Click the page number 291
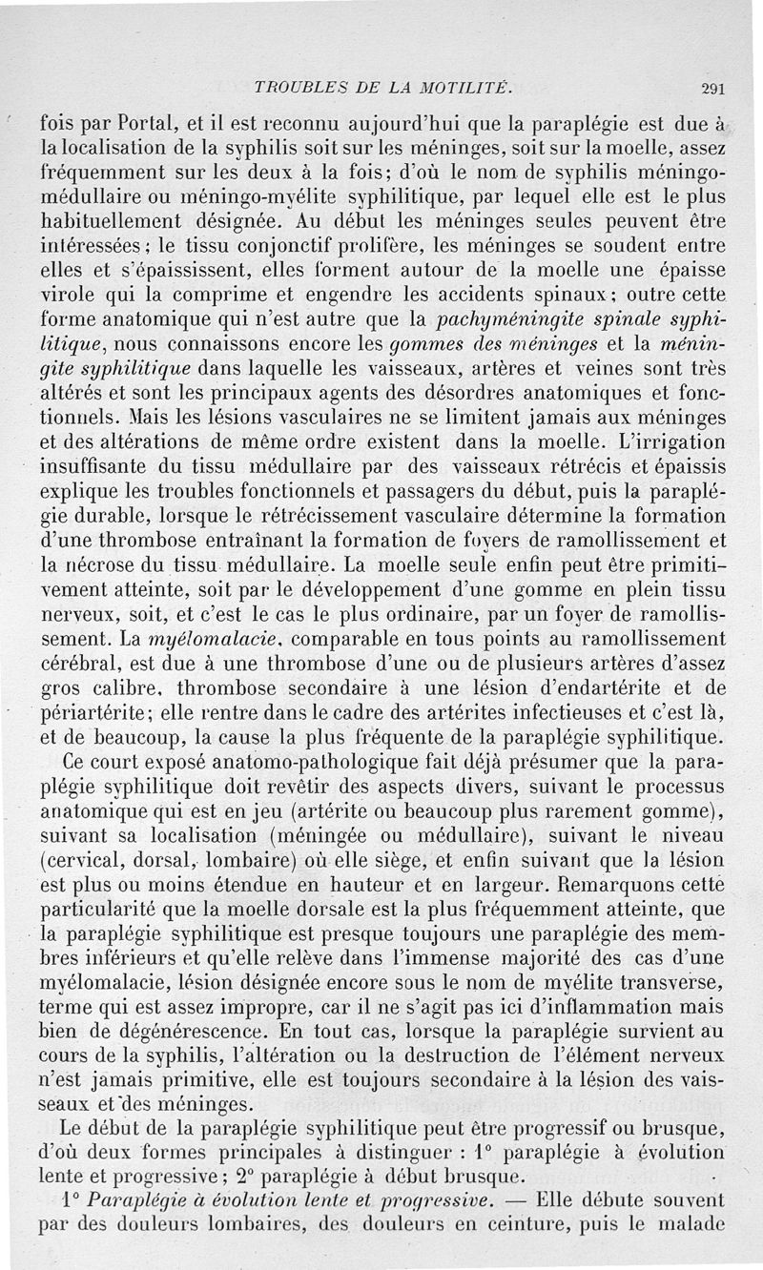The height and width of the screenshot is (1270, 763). [713, 90]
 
